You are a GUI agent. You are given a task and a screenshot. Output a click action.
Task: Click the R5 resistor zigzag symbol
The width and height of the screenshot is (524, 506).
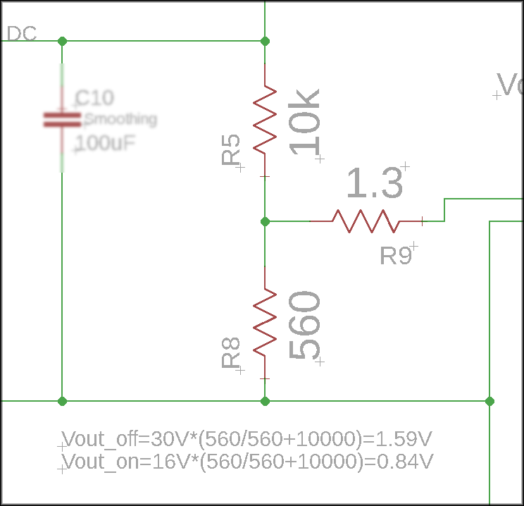pos(265,118)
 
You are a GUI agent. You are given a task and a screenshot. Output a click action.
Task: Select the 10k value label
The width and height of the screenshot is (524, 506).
pos(304,121)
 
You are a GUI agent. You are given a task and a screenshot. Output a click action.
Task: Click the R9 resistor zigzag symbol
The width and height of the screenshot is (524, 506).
pos(366,221)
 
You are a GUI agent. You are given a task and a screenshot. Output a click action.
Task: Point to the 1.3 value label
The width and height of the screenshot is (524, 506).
pos(374,185)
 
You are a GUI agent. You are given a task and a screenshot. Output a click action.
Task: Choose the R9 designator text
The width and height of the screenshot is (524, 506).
pos(396,255)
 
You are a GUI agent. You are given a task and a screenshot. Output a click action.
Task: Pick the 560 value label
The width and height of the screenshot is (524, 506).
pos(304,326)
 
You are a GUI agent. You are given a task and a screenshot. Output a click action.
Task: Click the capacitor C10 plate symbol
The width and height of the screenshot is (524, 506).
pos(62,120)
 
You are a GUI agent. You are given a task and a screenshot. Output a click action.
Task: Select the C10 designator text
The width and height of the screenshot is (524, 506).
pos(94,97)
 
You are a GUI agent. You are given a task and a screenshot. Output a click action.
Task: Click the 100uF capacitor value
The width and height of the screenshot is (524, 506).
pos(106,144)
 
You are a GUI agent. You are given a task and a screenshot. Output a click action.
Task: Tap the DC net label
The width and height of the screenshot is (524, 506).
pos(21,33)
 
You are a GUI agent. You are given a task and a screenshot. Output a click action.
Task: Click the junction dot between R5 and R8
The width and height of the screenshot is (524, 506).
pos(265,221)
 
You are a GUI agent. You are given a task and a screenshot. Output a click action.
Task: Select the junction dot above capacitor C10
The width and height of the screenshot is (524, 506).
pos(62,41)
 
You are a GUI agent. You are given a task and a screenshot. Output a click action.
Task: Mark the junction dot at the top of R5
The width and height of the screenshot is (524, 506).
pos(265,41)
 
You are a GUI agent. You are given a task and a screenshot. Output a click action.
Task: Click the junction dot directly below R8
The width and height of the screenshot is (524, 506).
pos(265,401)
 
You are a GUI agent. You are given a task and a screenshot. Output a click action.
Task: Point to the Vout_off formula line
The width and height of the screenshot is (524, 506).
pos(247,440)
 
